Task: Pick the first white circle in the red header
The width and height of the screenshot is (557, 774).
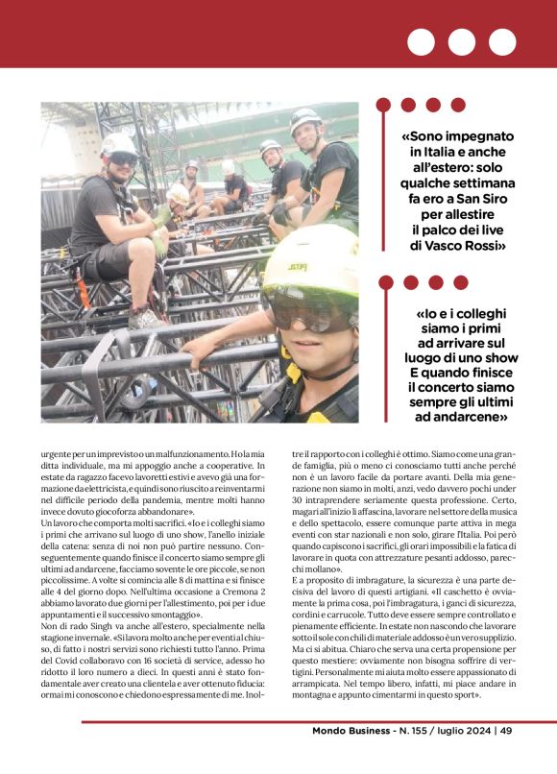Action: pos(421,42)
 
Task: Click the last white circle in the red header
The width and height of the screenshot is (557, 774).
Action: pos(502,42)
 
